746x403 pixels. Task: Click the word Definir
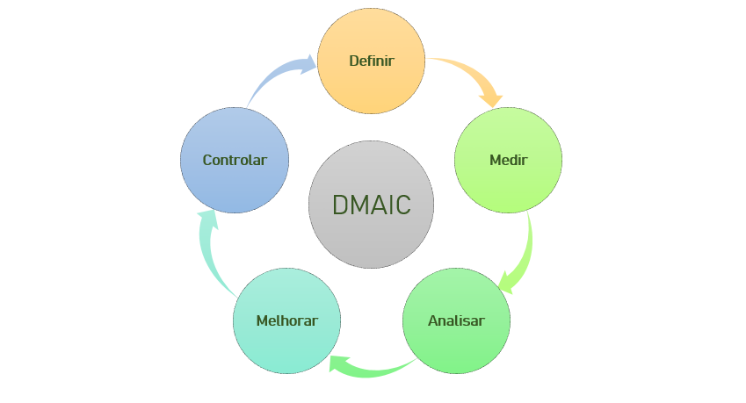click(371, 61)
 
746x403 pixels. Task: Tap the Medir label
click(508, 160)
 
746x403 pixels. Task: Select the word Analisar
click(456, 320)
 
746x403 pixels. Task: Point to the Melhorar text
click(286, 320)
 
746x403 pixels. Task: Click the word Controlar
click(235, 160)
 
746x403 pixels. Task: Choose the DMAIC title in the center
click(371, 205)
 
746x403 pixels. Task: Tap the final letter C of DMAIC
click(402, 205)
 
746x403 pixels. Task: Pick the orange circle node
click(371, 83)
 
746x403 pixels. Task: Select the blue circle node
click(235, 184)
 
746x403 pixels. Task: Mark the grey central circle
click(371, 241)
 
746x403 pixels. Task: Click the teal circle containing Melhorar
click(286, 347)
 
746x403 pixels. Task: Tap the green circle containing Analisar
click(456, 347)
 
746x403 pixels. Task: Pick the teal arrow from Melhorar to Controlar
click(211, 255)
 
